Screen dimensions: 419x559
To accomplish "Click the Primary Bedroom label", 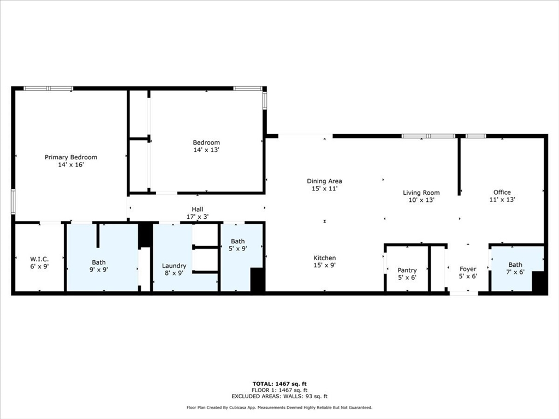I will [71, 157].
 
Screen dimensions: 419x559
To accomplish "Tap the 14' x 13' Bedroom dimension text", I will [206, 150].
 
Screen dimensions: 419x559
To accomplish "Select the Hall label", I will [197, 209].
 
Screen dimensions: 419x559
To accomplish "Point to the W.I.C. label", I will [39, 259].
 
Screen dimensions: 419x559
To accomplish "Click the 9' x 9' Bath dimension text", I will [99, 270].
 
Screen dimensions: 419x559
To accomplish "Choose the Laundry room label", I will [174, 266].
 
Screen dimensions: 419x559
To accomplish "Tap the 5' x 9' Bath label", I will [238, 241].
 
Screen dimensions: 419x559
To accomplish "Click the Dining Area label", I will [324, 181].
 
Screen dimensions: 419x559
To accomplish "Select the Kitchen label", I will [324, 258].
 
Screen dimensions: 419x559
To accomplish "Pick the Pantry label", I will [407, 270].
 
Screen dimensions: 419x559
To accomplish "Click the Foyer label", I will [468, 269].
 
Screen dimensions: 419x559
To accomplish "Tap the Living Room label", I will [421, 193].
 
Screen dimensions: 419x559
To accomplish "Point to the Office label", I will [502, 192].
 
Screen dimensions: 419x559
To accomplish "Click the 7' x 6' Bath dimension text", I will [515, 272].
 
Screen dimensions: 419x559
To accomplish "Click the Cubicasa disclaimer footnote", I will [279, 408].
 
